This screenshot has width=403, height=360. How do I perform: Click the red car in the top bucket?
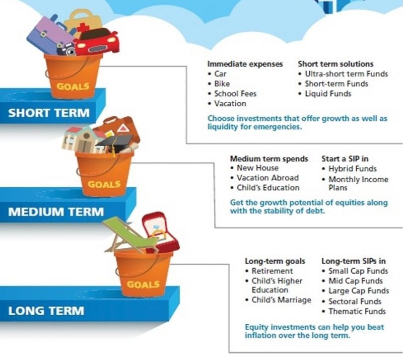coord(97,42)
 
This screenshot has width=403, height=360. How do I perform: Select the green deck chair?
coord(129,235)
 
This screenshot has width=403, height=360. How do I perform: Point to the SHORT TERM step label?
coord(49,113)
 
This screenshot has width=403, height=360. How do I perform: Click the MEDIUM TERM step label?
coord(56,212)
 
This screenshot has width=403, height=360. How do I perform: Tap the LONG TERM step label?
coord(46,311)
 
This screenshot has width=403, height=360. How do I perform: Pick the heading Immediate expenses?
coord(245,64)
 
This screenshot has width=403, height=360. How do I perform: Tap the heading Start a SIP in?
coord(345,159)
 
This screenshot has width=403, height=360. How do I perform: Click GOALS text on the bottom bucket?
coord(143,285)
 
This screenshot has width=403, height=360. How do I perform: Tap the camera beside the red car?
coord(67,49)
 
